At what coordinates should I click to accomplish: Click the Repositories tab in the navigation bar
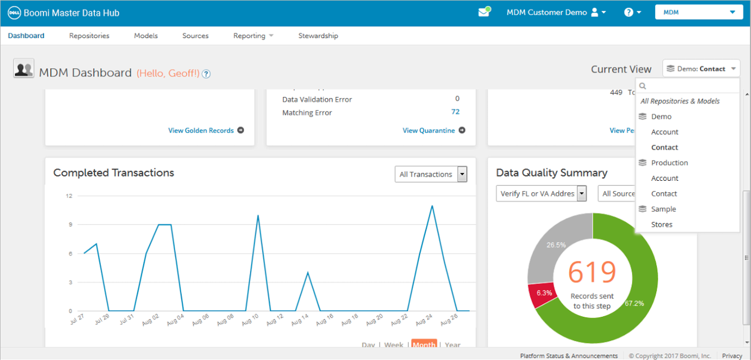click(89, 36)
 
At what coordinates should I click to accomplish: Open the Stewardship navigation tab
click(318, 36)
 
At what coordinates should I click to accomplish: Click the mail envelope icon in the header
click(484, 13)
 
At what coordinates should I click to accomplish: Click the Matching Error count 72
click(455, 112)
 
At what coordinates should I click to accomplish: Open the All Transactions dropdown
click(431, 174)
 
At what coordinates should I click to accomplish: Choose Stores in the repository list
click(662, 224)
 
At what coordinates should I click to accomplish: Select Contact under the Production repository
click(664, 194)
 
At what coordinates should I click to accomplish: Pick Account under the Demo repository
click(665, 132)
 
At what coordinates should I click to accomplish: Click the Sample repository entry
click(663, 209)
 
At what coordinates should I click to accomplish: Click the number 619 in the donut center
click(592, 273)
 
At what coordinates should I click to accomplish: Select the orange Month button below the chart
click(424, 345)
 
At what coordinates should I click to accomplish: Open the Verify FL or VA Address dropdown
click(541, 193)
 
